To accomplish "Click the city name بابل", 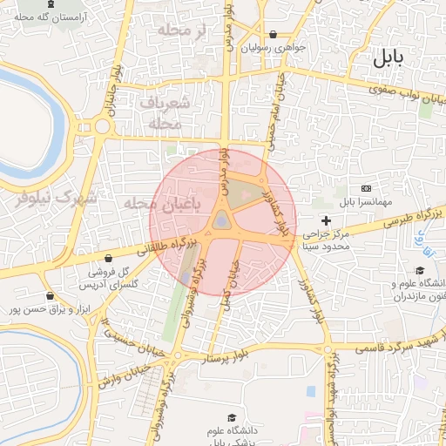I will pos(389,59).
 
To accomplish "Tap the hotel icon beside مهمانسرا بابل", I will pos(366,189).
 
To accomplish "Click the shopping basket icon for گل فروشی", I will pos(107,259).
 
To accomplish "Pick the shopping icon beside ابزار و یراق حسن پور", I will pos(50,296).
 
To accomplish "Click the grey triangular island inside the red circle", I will pos(222,220).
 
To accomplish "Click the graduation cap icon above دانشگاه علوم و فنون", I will pos(420,271).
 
